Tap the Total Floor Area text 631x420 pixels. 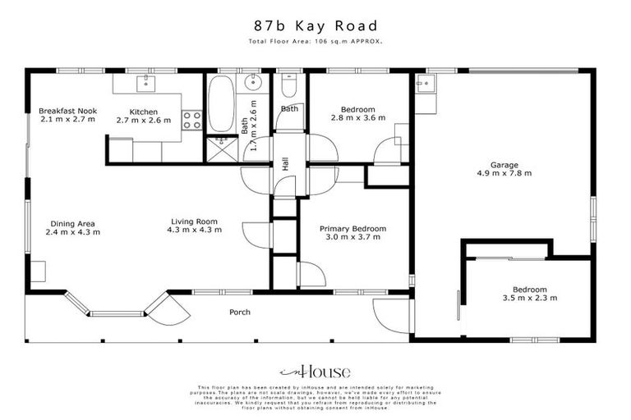pos(315,41)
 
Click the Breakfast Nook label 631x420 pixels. pos(67,110)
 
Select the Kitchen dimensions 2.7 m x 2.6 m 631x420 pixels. pos(143,120)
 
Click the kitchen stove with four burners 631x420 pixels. pos(192,121)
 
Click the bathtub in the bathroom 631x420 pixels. pos(221,104)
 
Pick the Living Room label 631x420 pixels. pos(194,221)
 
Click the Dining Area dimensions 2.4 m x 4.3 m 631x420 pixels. pos(72,232)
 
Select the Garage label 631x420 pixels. pos(504,164)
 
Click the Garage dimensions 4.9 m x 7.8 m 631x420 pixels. pos(504,173)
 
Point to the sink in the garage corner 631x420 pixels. pos(426,83)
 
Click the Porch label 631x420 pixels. pos(240,312)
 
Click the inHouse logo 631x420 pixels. pos(315,371)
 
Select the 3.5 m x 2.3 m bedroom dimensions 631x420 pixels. pos(529,299)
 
